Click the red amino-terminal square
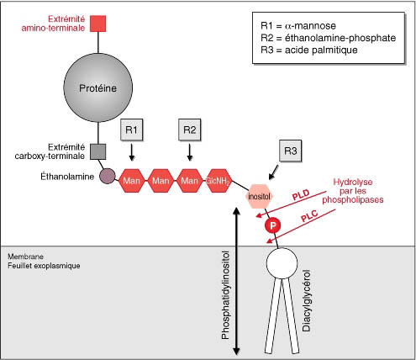(x=98, y=24)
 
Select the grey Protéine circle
(x=98, y=87)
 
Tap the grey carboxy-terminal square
(x=98, y=152)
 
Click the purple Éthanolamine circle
(x=108, y=176)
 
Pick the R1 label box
(x=132, y=130)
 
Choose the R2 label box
(x=190, y=130)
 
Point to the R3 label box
(x=291, y=151)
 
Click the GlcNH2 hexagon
(x=219, y=181)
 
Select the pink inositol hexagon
(x=259, y=196)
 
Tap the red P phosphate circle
(x=273, y=225)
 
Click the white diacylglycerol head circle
(x=282, y=263)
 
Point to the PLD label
(x=301, y=195)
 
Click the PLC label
(x=309, y=216)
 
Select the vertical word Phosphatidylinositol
(x=226, y=295)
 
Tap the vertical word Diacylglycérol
(x=307, y=301)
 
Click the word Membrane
(x=25, y=257)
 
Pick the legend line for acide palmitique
(x=309, y=50)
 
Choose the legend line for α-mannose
(x=298, y=26)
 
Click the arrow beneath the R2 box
(x=190, y=152)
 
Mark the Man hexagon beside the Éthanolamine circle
(x=132, y=181)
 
